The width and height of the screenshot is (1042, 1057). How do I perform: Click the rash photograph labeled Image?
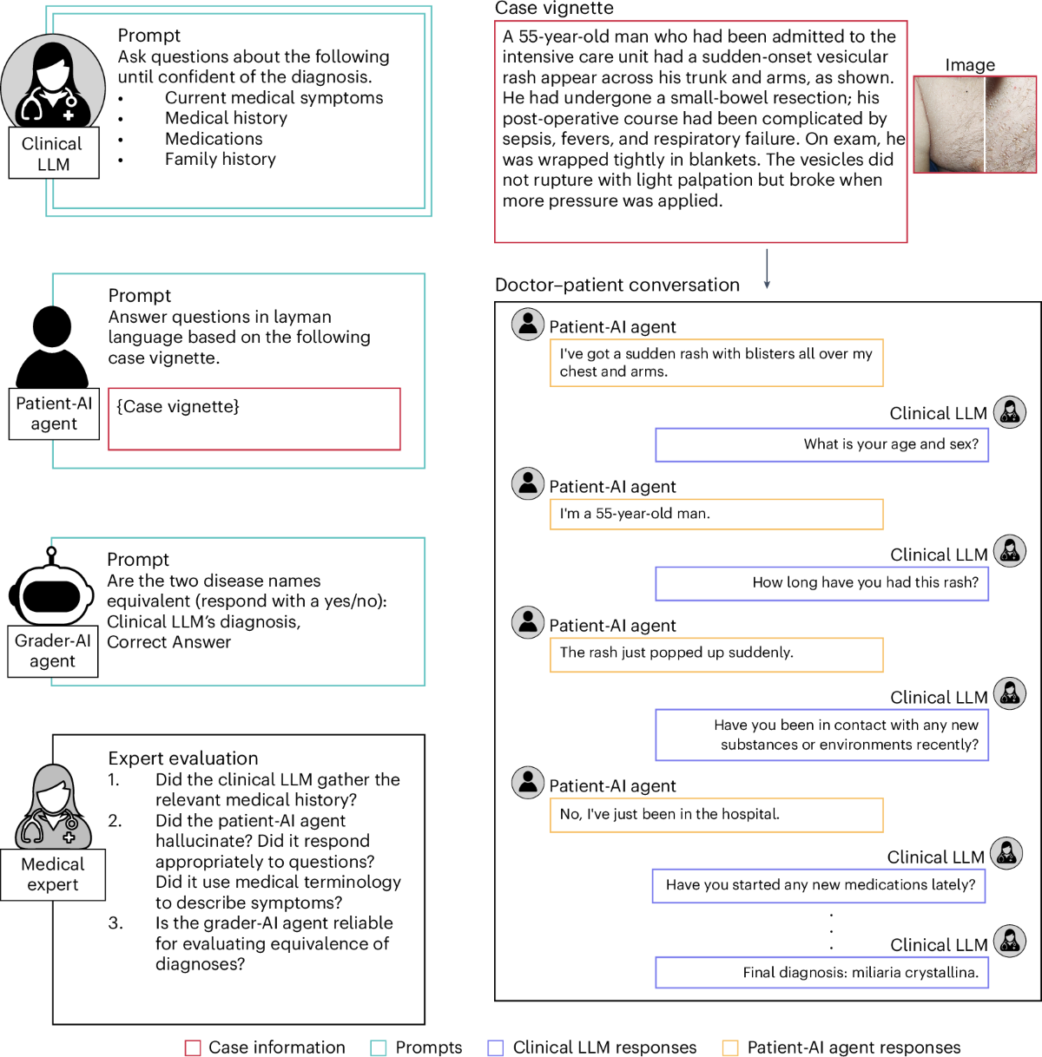click(x=975, y=124)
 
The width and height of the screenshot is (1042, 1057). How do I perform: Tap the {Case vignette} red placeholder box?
click(x=254, y=419)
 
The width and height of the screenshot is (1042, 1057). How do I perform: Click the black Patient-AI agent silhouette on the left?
click(x=52, y=347)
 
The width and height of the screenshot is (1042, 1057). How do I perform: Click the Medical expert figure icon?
click(x=53, y=807)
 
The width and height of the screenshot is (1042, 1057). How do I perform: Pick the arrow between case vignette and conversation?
click(x=767, y=269)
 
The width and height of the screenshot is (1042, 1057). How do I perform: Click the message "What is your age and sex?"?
click(x=821, y=444)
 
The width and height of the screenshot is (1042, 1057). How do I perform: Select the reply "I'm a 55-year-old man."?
click(x=716, y=514)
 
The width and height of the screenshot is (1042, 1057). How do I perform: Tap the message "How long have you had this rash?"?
click(x=821, y=583)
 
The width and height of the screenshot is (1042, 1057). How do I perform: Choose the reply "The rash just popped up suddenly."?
click(x=716, y=653)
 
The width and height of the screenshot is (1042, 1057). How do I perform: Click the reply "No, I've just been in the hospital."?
click(x=716, y=815)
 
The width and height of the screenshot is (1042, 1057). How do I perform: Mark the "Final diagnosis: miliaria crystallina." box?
click(x=821, y=973)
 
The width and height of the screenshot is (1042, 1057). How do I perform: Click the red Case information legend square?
click(x=193, y=1048)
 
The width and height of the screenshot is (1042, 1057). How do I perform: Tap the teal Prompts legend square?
click(x=379, y=1048)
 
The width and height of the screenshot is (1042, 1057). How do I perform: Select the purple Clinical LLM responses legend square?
click(x=496, y=1048)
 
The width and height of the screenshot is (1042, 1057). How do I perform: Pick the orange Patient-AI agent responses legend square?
click(x=730, y=1048)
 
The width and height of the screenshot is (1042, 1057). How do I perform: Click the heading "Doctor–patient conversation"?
click(x=617, y=286)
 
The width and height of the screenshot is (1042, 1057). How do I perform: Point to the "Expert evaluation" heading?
click(x=182, y=758)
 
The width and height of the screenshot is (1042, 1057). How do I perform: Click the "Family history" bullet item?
click(x=220, y=160)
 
